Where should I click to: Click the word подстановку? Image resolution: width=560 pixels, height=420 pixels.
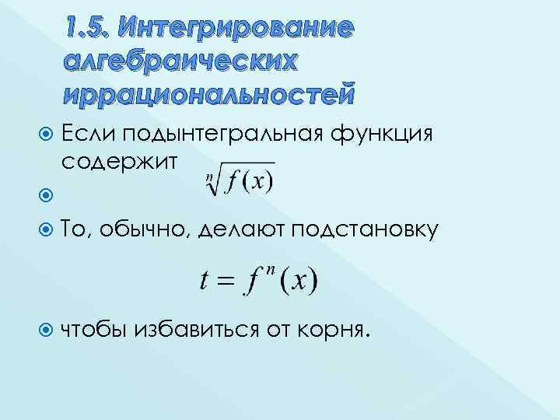[366, 230]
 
